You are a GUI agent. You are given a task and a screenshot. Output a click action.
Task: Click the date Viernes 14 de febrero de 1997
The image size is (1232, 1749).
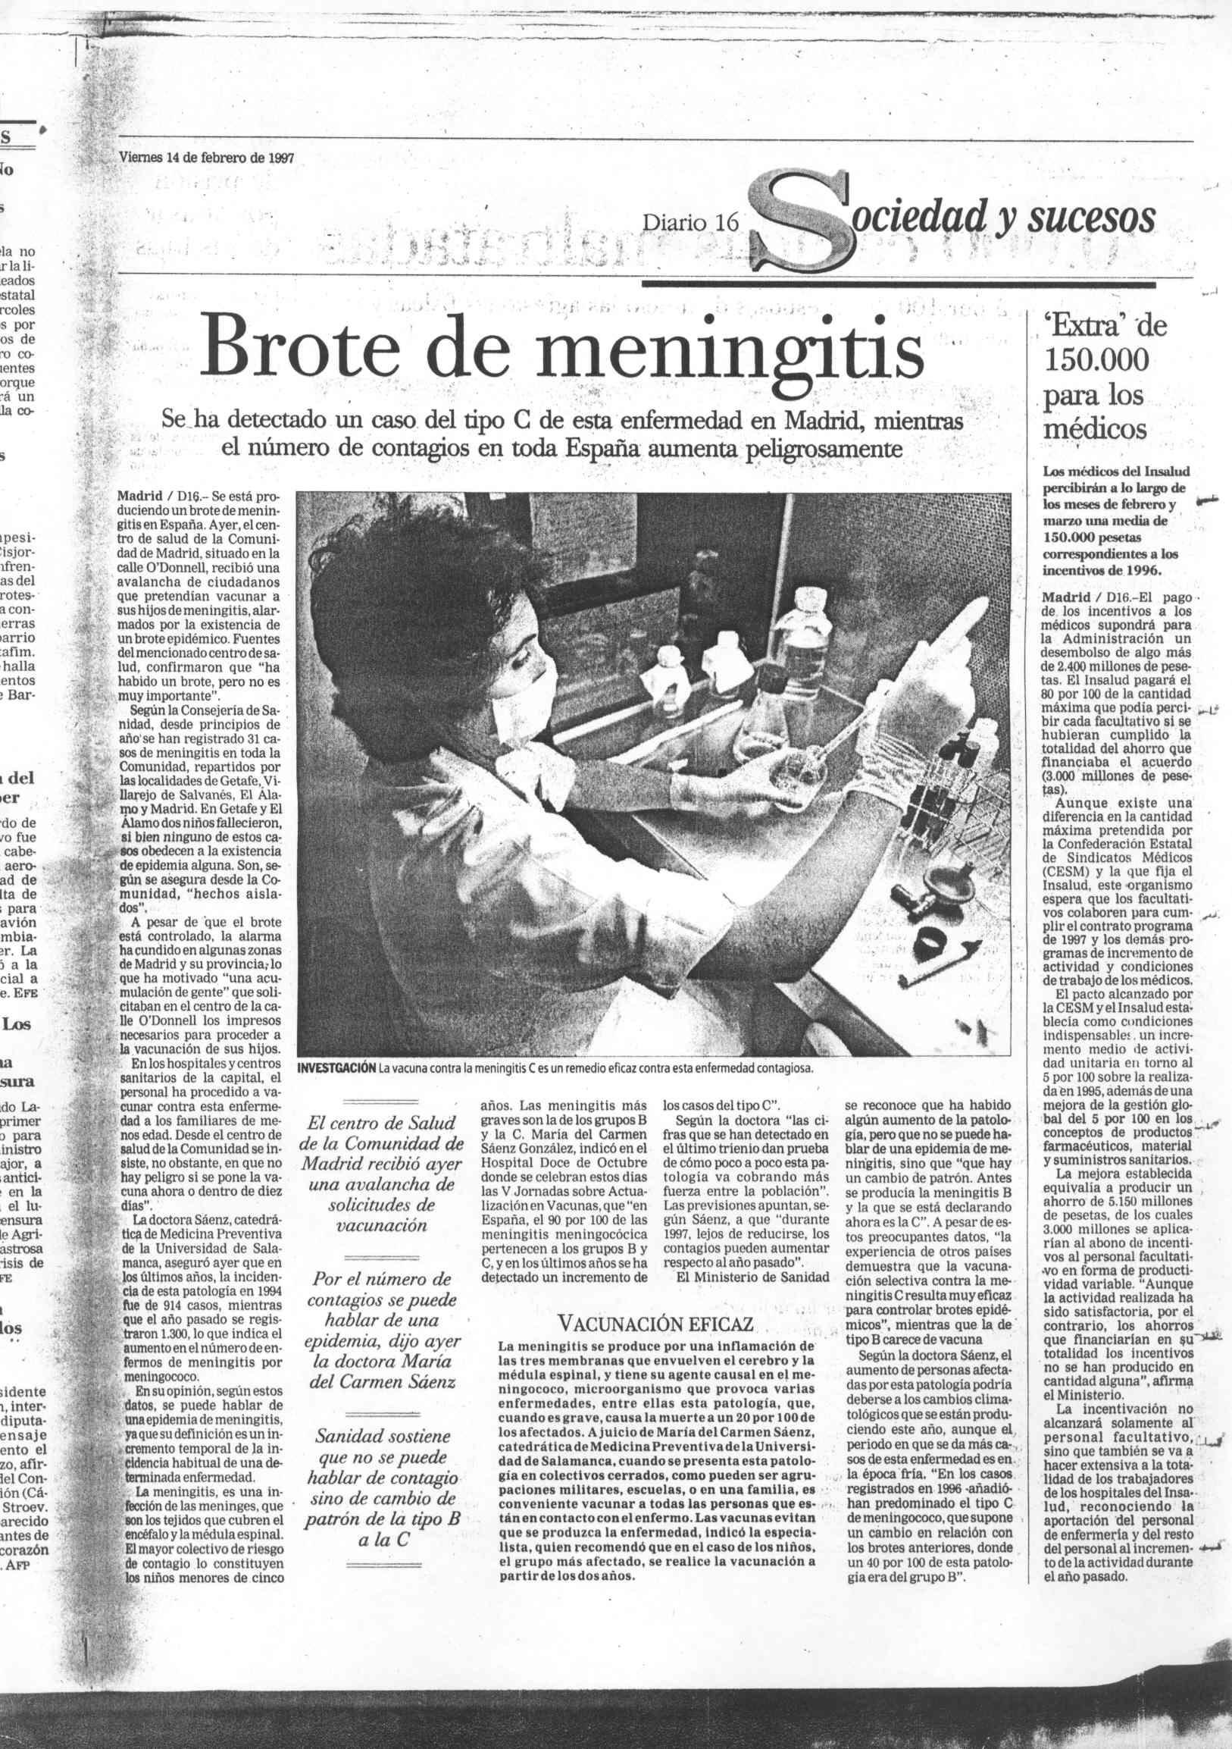coord(205,158)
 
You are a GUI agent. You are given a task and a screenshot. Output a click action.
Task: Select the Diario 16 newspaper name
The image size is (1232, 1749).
coord(691,221)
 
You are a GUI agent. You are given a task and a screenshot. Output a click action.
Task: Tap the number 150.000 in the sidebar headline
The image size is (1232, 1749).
coord(1096,359)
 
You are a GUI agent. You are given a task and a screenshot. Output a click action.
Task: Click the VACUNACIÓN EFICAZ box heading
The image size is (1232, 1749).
coord(655,1322)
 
